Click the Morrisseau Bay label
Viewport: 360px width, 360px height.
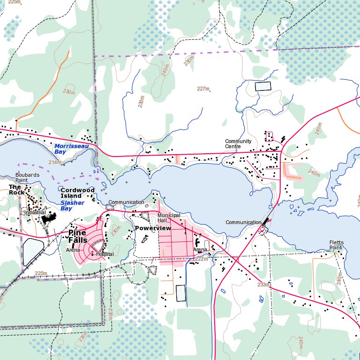71,149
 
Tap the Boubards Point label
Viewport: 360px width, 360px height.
27,178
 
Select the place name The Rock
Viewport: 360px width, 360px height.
16,189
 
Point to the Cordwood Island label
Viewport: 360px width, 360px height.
77,193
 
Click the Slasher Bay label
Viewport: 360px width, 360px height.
72,205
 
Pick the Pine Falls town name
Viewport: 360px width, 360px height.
77,236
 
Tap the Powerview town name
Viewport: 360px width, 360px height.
153,228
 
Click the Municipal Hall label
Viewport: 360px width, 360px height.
169,217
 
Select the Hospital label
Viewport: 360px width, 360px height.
105,254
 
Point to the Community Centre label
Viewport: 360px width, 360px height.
238,144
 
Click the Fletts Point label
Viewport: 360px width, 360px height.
336,245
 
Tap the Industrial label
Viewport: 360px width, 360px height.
35,212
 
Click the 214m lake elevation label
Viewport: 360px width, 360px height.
55,162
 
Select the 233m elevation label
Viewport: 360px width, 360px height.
263,285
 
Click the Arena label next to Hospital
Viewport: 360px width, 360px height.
73,250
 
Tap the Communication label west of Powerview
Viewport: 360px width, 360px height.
126,202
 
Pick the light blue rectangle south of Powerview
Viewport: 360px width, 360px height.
180,293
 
